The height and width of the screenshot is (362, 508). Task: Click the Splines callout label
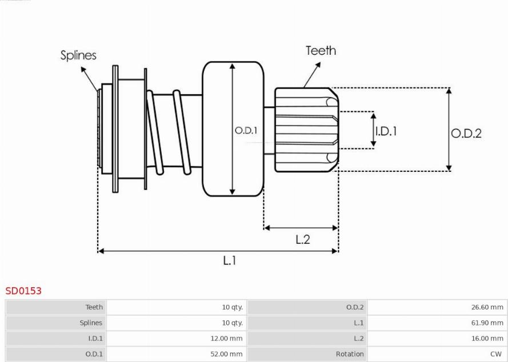pos(78,55)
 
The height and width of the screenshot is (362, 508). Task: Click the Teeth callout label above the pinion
pos(321,50)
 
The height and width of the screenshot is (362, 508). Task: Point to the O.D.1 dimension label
pos(246,131)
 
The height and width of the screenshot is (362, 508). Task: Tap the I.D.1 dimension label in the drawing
pos(386,131)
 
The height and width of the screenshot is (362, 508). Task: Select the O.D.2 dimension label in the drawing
pos(466,133)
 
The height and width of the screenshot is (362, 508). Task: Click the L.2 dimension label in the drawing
pos(302,240)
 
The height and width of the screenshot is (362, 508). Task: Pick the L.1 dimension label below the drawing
pos(229,260)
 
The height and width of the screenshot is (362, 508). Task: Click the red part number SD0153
pos(23,291)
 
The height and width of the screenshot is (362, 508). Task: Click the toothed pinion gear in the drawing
pos(305,130)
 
